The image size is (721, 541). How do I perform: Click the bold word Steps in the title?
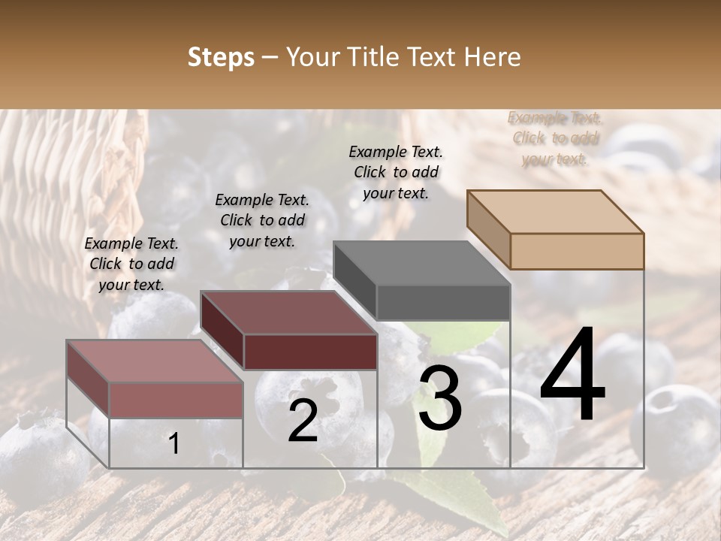click(220, 57)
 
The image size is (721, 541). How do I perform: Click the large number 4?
click(572, 376)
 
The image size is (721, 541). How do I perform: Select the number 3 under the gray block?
click(439, 399)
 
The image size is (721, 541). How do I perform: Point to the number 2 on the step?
click(303, 421)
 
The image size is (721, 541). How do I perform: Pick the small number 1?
click(173, 444)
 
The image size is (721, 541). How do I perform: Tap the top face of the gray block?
click(421, 263)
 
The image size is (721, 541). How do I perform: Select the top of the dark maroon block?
click(288, 313)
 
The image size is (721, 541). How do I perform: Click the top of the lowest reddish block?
click(155, 361)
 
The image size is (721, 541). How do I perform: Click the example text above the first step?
click(131, 264)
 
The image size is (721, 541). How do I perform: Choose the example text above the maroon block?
click(262, 220)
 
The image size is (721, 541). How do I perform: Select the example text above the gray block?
click(396, 172)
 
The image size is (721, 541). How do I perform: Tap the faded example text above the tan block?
click(555, 138)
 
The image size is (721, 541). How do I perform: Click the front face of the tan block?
click(577, 251)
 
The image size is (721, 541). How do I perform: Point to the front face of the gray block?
click(443, 303)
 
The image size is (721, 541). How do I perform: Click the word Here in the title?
click(493, 57)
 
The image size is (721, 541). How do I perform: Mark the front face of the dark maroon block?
click(310, 352)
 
